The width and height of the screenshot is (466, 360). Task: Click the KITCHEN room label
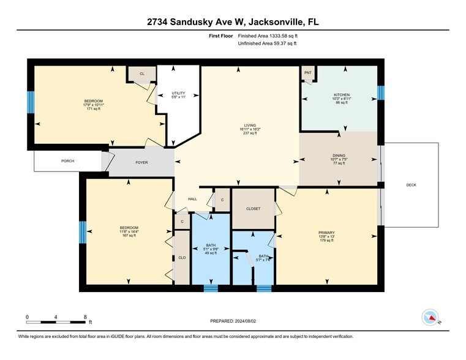[x=341, y=95]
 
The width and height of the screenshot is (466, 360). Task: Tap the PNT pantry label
[x=307, y=73]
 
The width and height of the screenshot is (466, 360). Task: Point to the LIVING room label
[x=249, y=125]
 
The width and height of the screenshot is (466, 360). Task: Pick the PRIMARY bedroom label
[x=326, y=233]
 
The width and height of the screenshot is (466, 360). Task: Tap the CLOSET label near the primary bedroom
[x=253, y=208]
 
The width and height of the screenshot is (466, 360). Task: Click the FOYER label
[x=142, y=163]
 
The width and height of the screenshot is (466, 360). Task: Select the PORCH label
[x=67, y=161]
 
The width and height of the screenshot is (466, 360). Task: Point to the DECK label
[x=413, y=184]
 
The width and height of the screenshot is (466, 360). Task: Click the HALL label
[x=192, y=199]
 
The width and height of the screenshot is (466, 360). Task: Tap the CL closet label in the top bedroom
[x=141, y=73]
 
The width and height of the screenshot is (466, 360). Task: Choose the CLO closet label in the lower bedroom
[x=182, y=258]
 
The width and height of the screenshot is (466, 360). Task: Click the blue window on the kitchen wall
[x=381, y=93]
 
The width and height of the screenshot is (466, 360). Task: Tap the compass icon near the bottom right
[x=430, y=318]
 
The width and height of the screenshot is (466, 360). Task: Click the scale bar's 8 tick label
[x=85, y=317]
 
